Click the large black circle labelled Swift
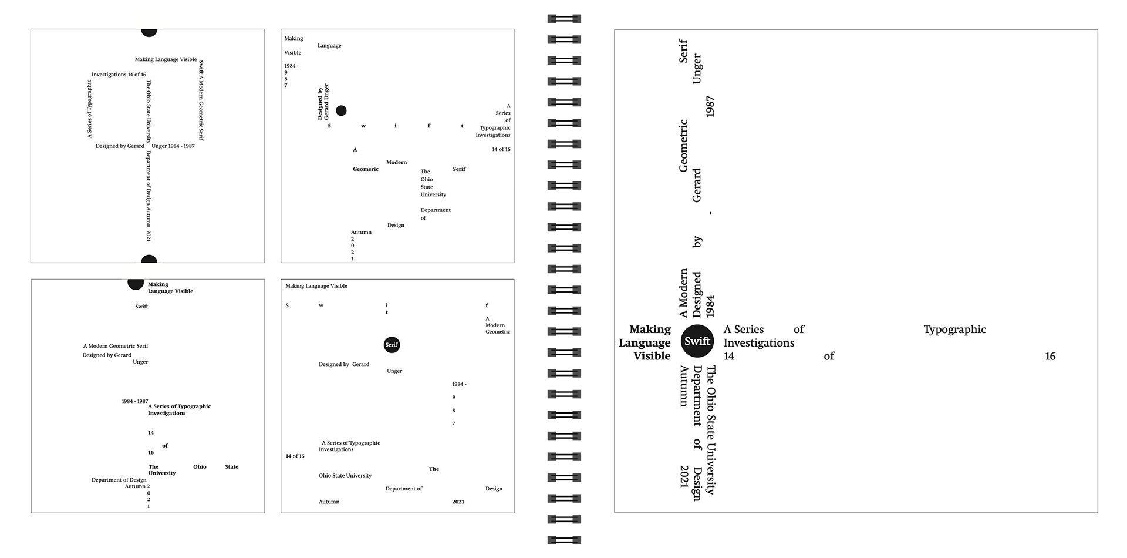click(697, 341)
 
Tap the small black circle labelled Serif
click(392, 345)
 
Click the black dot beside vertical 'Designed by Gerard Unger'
click(341, 110)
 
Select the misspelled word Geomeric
click(366, 169)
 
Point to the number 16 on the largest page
click(1050, 356)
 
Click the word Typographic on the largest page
click(954, 330)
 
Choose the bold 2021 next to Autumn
click(458, 502)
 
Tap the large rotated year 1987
click(710, 107)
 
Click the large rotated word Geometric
click(683, 146)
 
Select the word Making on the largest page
click(650, 330)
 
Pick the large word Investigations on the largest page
click(758, 343)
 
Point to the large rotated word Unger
click(697, 69)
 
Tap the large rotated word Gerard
click(697, 185)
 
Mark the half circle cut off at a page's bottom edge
click(149, 259)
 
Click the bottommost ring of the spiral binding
click(564, 540)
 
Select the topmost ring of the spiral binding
click(564, 19)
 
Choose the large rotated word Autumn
click(684, 386)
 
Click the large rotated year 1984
click(710, 307)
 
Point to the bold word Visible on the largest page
click(652, 356)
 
